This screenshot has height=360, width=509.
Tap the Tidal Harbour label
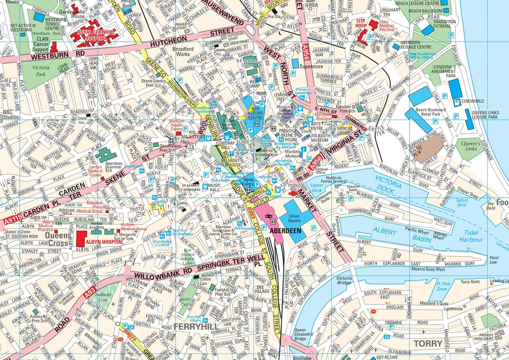(471, 236)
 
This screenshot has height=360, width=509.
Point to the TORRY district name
(428, 343)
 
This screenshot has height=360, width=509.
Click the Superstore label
(311, 67)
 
